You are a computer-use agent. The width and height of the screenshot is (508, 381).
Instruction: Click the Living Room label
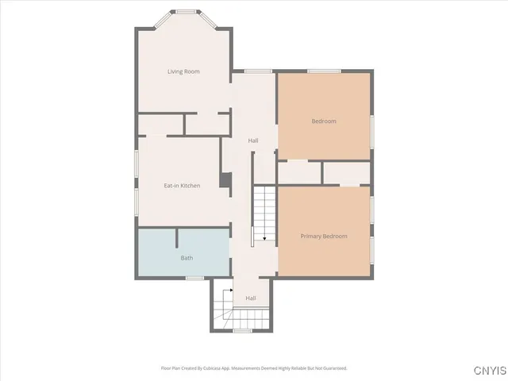click(x=183, y=71)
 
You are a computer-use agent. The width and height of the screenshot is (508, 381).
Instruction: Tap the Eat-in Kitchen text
click(x=182, y=186)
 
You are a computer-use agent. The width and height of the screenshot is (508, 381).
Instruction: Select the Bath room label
click(x=187, y=258)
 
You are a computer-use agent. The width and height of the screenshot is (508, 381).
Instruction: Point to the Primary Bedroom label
click(x=323, y=236)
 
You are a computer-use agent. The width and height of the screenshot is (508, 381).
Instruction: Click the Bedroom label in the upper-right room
click(x=323, y=121)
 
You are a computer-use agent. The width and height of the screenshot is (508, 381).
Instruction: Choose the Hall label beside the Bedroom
click(x=252, y=140)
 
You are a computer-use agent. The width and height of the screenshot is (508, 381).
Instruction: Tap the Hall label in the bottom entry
click(x=250, y=298)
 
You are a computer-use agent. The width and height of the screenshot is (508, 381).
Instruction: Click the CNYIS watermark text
click(x=487, y=370)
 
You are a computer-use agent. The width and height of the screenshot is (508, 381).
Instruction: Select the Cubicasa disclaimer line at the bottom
click(x=254, y=368)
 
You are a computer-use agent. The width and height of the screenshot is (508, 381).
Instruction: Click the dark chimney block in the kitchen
click(x=225, y=180)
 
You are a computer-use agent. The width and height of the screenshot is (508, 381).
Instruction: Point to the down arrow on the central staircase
click(x=264, y=236)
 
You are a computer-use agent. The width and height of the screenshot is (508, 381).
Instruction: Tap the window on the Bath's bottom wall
click(x=194, y=277)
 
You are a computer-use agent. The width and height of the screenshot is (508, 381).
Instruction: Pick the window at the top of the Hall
click(x=253, y=72)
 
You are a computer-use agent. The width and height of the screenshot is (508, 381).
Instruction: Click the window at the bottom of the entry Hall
click(x=242, y=331)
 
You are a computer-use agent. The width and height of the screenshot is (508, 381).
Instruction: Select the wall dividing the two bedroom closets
click(x=322, y=172)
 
